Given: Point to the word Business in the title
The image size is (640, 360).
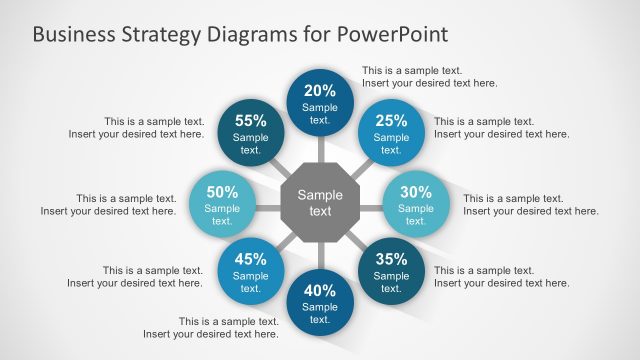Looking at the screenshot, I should coord(72,34).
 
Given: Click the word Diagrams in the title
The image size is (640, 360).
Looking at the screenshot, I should coord(249,34).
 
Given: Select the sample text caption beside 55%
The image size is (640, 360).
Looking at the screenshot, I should coord(137,127).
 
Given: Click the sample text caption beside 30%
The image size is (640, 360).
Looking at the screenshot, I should coord(530,204).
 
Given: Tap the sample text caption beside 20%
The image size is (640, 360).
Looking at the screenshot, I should coord(429,77).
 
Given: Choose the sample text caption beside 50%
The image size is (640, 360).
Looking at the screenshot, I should coord(109,204).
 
